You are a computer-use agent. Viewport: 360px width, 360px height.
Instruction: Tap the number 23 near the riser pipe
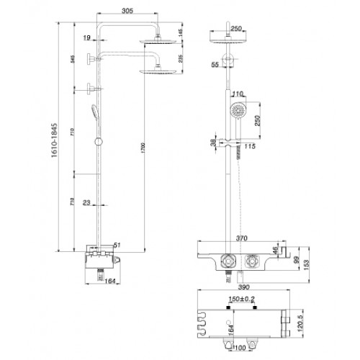pos(86,202)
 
